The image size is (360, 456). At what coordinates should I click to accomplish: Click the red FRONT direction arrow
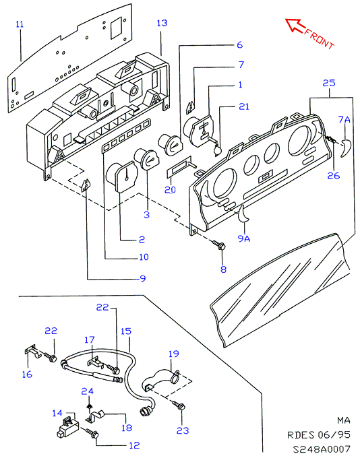(x=295, y=26)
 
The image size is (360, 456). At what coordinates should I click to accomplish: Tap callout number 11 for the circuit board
(x=20, y=24)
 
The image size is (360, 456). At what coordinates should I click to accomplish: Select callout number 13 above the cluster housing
(x=162, y=23)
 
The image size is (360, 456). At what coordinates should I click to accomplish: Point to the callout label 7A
(x=344, y=119)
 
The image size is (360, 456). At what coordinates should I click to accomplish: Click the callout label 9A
(x=244, y=238)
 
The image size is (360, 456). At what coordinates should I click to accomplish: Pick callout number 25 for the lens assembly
(x=329, y=83)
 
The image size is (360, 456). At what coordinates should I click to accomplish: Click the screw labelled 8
(x=219, y=245)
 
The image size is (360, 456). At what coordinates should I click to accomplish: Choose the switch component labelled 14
(x=67, y=426)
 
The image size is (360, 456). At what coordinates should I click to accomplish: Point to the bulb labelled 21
(x=217, y=150)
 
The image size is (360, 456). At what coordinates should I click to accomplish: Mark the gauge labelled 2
(x=123, y=176)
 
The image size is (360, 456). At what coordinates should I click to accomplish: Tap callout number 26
(x=333, y=176)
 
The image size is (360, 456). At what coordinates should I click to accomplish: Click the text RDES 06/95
(x=319, y=434)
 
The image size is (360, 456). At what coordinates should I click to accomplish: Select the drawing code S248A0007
(x=322, y=449)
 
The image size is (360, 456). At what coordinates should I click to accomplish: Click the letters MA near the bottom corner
(x=343, y=420)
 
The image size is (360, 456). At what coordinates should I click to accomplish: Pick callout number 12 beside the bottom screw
(x=134, y=445)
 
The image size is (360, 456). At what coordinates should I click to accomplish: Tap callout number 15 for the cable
(x=125, y=331)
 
